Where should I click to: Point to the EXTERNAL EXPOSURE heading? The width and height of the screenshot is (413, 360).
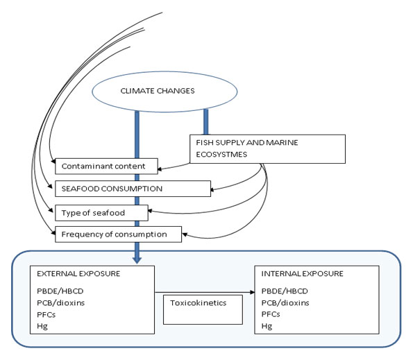click(78, 274)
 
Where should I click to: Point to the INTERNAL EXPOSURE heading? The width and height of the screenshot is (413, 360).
click(302, 274)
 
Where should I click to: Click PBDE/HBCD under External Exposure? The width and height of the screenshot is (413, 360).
click(60, 291)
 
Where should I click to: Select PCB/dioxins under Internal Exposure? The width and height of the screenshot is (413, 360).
click(285, 302)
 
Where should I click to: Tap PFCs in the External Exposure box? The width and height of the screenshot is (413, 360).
click(46, 314)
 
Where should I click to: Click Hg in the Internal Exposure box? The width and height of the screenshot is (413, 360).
click(267, 326)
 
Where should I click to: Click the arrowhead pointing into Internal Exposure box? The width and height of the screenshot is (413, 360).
click(253, 292)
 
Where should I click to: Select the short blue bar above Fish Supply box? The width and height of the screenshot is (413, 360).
click(206, 122)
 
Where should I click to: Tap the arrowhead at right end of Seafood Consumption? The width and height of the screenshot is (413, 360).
click(212, 189)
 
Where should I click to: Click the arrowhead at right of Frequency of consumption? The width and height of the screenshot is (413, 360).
click(185, 234)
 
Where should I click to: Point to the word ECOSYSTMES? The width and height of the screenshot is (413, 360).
click(221, 155)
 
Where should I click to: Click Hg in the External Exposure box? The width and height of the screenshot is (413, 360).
click(42, 326)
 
